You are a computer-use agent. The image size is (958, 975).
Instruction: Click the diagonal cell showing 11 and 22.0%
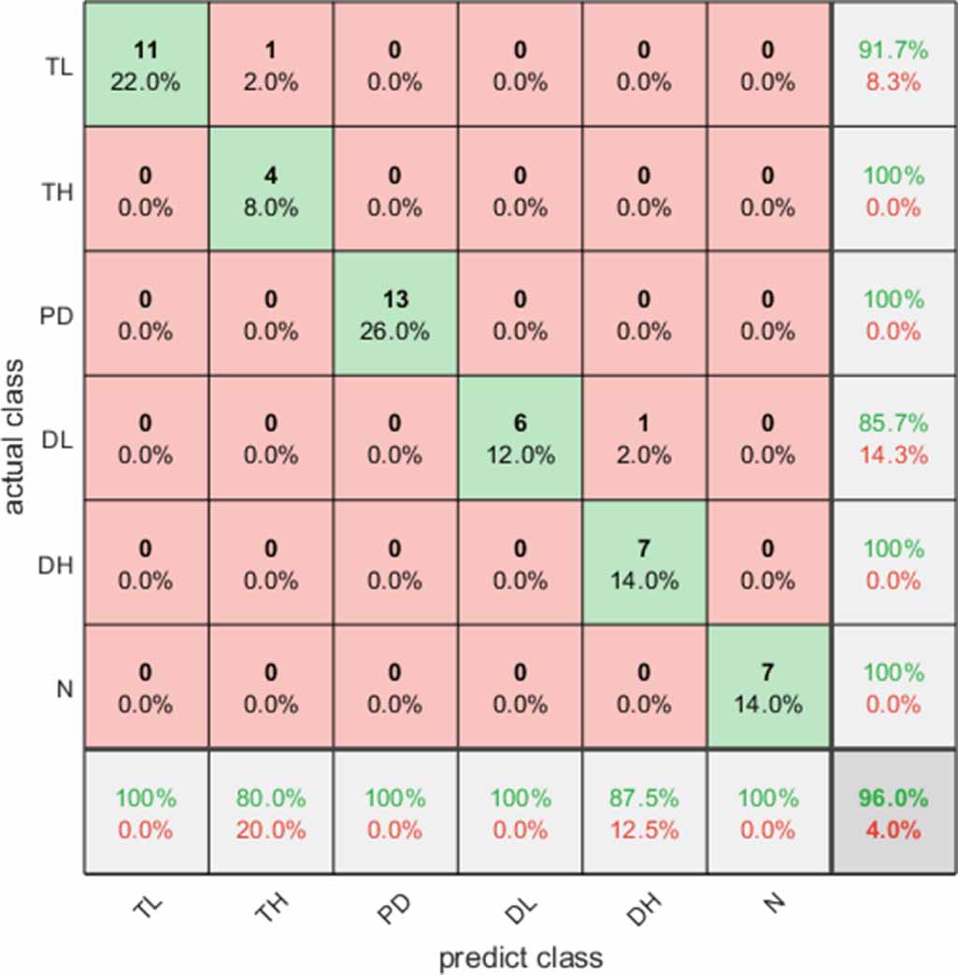click(146, 65)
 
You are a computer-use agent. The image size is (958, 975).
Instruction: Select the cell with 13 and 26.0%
click(395, 314)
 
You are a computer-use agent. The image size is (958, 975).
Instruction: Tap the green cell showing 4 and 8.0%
click(271, 190)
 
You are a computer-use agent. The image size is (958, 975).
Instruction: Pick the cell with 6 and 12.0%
click(520, 438)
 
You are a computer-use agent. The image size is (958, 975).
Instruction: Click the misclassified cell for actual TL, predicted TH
click(271, 65)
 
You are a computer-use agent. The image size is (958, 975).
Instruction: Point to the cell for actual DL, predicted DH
click(644, 438)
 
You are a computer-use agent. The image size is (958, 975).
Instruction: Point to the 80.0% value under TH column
click(271, 798)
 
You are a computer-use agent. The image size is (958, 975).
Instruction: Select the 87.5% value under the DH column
click(644, 798)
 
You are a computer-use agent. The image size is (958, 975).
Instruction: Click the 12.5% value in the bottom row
click(644, 829)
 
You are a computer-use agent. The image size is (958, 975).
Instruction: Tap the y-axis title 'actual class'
click(15, 437)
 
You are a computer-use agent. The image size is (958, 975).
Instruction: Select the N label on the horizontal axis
click(769, 906)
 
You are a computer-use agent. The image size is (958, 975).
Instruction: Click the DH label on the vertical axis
click(58, 564)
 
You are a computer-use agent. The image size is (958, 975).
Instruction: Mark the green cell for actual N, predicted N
click(768, 687)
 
